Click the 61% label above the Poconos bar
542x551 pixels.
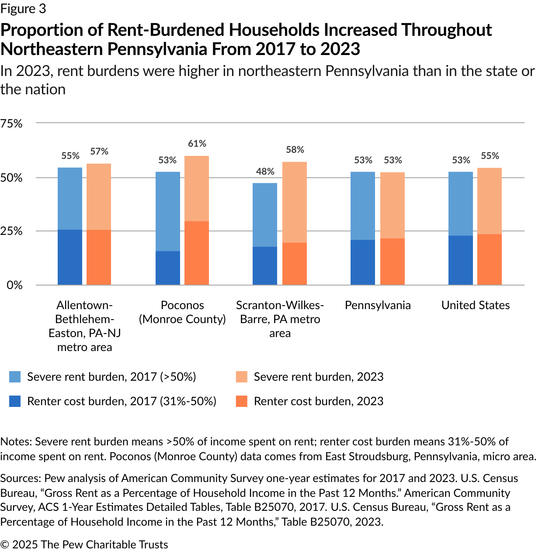point(197,144)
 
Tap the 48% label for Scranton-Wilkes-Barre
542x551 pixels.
point(265,171)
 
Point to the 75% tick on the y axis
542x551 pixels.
point(12,124)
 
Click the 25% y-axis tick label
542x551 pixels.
point(12,231)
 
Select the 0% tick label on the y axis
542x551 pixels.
point(14,285)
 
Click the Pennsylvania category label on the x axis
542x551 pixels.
point(378,305)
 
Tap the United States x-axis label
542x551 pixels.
point(476,305)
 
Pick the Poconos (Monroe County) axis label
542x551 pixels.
point(182,312)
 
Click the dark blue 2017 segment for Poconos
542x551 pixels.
point(168,268)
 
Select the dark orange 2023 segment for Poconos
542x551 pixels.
point(197,253)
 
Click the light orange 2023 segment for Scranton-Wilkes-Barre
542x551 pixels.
point(295,202)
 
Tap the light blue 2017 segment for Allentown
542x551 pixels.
point(70,199)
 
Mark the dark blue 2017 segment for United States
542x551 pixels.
point(461,260)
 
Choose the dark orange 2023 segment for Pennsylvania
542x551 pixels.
point(393,262)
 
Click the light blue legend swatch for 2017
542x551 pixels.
point(15,377)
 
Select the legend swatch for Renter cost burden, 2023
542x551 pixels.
point(241,401)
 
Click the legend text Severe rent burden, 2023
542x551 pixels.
point(319,377)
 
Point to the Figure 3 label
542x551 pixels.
point(23,9)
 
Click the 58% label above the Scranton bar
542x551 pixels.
point(295,150)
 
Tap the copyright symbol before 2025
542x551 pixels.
point(5,544)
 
